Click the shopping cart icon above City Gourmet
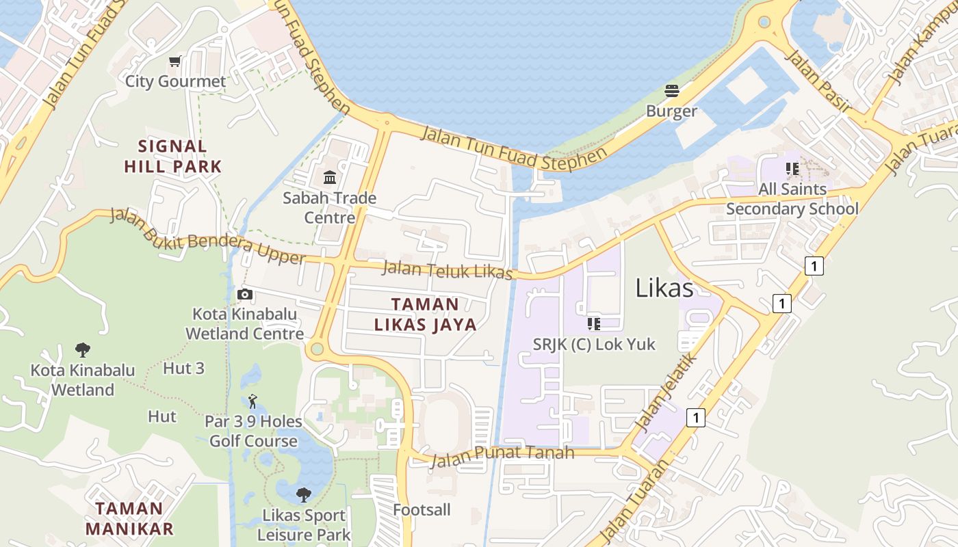tap(175, 62)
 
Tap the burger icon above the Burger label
tap(671, 91)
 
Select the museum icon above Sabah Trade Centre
tap(330, 178)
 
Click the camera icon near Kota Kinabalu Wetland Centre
tap(244, 295)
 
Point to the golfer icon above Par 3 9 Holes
tap(253, 401)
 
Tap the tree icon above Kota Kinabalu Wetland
tap(83, 350)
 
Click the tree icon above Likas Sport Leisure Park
tap(303, 495)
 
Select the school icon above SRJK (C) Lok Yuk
tap(593, 323)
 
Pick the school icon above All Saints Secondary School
tap(792, 168)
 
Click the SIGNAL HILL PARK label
tap(173, 156)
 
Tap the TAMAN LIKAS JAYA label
tap(425, 315)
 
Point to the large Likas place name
tap(664, 288)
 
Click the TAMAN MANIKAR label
tap(129, 518)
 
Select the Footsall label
tap(422, 509)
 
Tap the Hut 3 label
tap(183, 369)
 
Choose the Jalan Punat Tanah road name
tap(502, 454)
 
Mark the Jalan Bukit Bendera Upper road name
tap(207, 237)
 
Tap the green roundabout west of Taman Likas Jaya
tap(316, 349)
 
